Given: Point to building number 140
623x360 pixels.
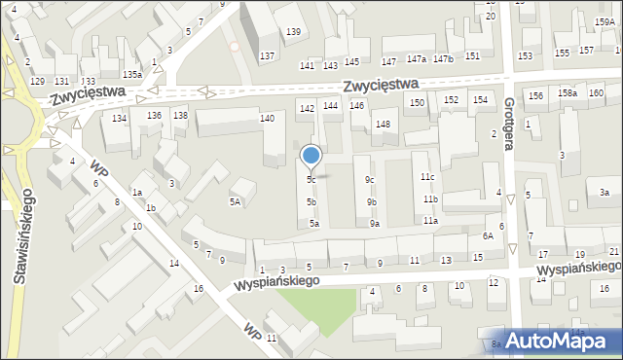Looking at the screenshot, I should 267,118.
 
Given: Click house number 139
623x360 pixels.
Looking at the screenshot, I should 293,32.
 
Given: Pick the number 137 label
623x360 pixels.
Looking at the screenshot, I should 266,55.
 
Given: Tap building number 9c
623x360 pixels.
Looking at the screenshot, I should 370,179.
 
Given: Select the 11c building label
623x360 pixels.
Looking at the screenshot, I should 427,176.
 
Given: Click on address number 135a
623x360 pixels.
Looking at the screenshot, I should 132,74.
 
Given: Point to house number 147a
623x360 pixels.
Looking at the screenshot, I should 417,58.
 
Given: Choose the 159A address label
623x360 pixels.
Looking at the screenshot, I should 604,20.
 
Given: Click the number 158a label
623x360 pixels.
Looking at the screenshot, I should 567,92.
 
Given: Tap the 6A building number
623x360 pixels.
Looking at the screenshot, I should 488,235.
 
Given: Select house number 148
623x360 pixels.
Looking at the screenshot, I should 384,124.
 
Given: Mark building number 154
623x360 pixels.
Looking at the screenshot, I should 480,99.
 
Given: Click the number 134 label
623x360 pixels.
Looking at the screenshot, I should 119,118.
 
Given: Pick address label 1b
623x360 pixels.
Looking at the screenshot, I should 151,208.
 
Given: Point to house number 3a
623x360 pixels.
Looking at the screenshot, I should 604,193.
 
